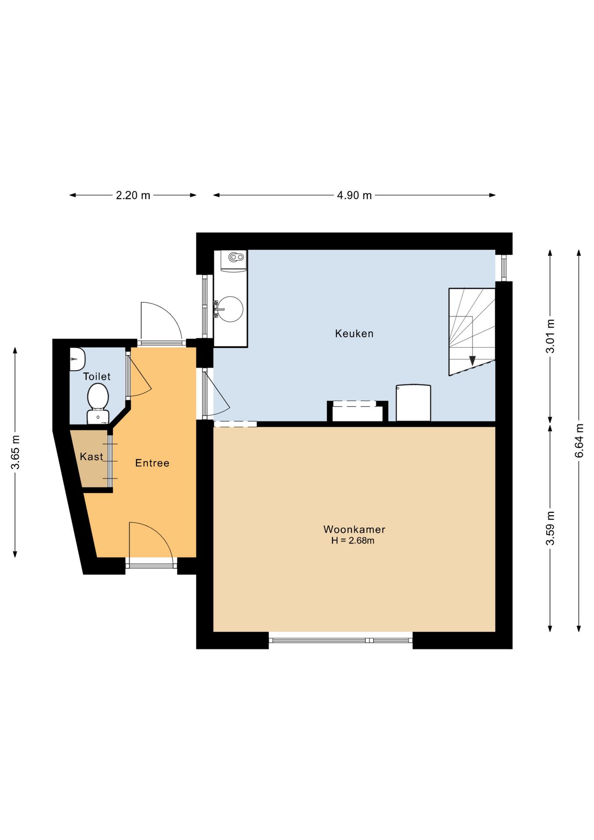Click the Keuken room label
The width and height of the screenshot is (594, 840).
pyautogui.click(x=354, y=334)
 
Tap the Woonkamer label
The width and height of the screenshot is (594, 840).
pyautogui.click(x=354, y=529)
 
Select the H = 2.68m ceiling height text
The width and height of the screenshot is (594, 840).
pyautogui.click(x=353, y=541)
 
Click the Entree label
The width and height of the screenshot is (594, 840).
pyautogui.click(x=152, y=463)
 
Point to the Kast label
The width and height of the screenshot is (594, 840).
pyautogui.click(x=91, y=457)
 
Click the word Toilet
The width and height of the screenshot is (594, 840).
pyautogui.click(x=97, y=376)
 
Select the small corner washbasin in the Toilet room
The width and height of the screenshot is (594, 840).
pyautogui.click(x=77, y=359)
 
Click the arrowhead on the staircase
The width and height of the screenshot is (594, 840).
pyautogui.click(x=472, y=361)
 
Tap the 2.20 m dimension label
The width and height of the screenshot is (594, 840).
pyautogui.click(x=133, y=195)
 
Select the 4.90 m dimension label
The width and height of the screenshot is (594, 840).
pyautogui.click(x=354, y=195)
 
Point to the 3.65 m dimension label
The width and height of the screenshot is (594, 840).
pyautogui.click(x=15, y=452)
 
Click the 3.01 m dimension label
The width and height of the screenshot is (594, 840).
pyautogui.click(x=550, y=336)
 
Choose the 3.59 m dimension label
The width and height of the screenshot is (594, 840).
pyautogui.click(x=550, y=528)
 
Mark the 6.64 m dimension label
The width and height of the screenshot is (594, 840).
pyautogui.click(x=579, y=441)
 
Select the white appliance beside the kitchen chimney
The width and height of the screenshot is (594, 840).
pyautogui.click(x=413, y=403)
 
